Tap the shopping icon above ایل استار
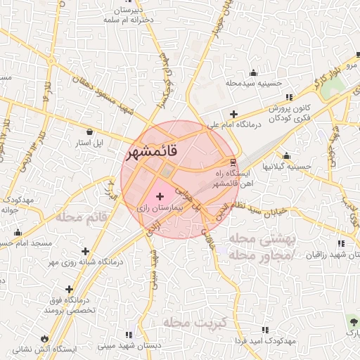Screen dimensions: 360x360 pyautogui.click(x=89, y=131)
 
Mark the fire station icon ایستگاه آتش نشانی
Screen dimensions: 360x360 pyautogui.click(x=46, y=337)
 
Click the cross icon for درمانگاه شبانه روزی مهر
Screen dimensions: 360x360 pyautogui.click(x=86, y=251)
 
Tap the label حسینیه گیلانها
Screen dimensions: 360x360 pyautogui.click(x=286, y=167)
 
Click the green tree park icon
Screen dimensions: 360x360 pyautogui.click(x=351, y=321)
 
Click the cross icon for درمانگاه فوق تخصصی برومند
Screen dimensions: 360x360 pyautogui.click(x=69, y=289)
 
